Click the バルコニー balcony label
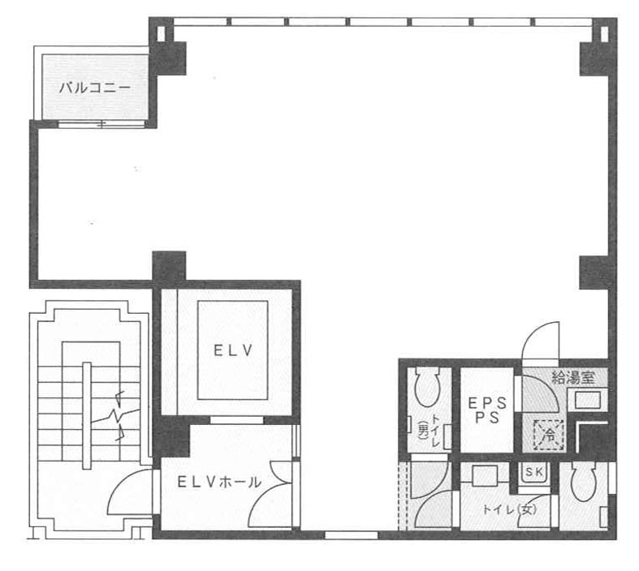[x=95, y=88]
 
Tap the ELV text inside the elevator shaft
[x=233, y=350]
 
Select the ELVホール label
[x=220, y=483]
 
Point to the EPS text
[x=487, y=403]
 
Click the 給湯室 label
[x=572, y=378]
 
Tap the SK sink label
[x=534, y=472]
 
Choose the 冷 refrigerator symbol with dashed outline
[x=550, y=435]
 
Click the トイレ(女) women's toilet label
[x=509, y=509]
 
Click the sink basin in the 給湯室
[x=588, y=400]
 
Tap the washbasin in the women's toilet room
[x=485, y=475]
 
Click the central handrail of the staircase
[x=87, y=415]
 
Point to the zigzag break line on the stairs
[x=115, y=416]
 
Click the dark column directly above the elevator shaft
[x=169, y=265]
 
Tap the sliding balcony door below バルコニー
[x=101, y=125]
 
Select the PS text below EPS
[x=487, y=418]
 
